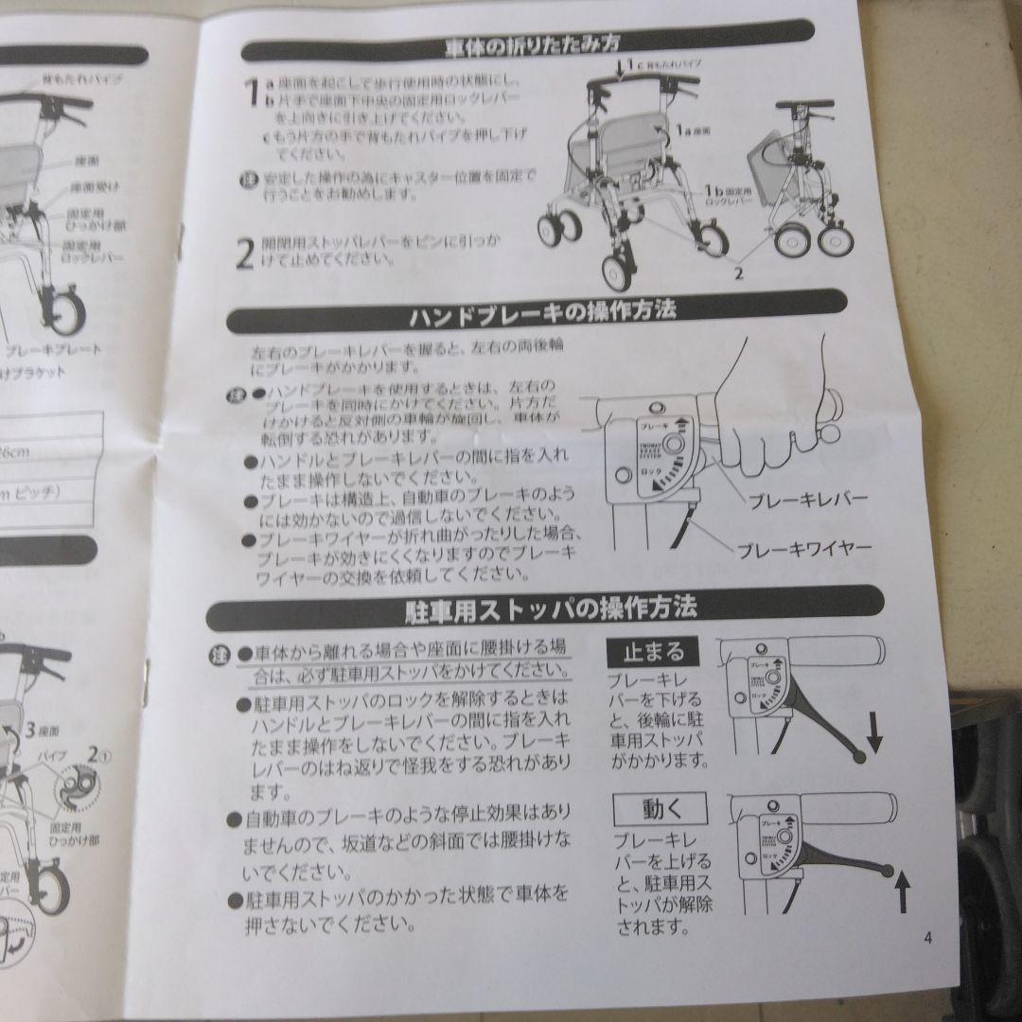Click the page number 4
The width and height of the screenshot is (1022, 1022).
tap(928, 939)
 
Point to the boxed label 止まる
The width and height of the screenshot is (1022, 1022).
tap(652, 652)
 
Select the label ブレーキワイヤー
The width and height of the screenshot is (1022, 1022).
tap(802, 548)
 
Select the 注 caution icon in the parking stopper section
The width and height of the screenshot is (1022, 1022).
tap(220, 654)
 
